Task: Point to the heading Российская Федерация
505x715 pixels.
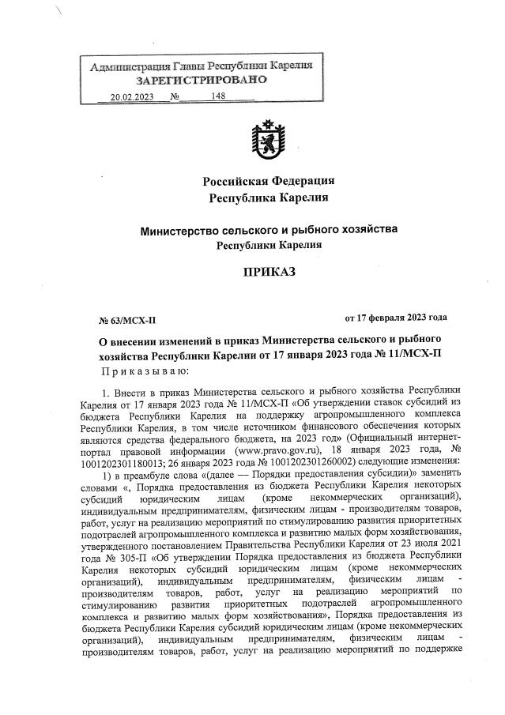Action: click(x=268, y=181)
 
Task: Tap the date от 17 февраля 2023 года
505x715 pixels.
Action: click(x=396, y=318)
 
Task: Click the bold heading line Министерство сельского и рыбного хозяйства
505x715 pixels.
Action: click(x=268, y=230)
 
